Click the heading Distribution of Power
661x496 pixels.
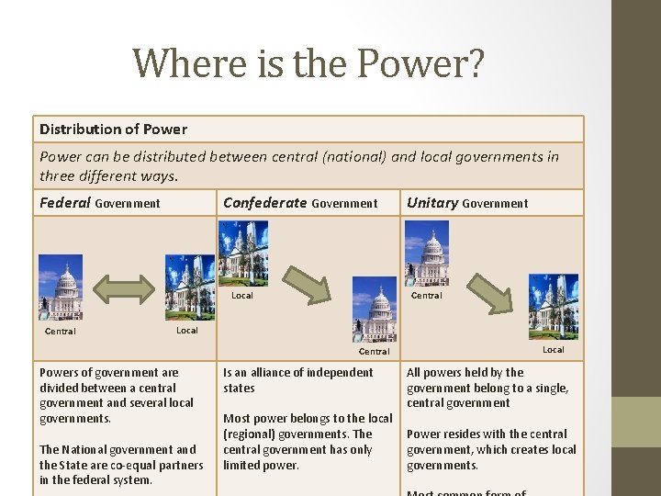click(x=113, y=129)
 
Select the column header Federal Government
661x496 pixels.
click(x=100, y=203)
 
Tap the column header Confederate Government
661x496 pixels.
click(x=300, y=203)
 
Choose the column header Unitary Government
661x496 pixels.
click(x=467, y=203)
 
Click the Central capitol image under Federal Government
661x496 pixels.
click(x=61, y=287)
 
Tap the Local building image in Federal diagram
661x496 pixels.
click(x=190, y=287)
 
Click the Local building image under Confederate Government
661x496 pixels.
click(x=243, y=254)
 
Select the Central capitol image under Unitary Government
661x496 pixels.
click(x=427, y=254)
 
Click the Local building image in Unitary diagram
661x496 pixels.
click(x=554, y=307)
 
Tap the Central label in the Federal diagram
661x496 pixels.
click(x=61, y=332)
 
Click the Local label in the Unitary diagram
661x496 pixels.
click(x=554, y=349)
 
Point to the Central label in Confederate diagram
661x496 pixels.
click(x=375, y=351)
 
